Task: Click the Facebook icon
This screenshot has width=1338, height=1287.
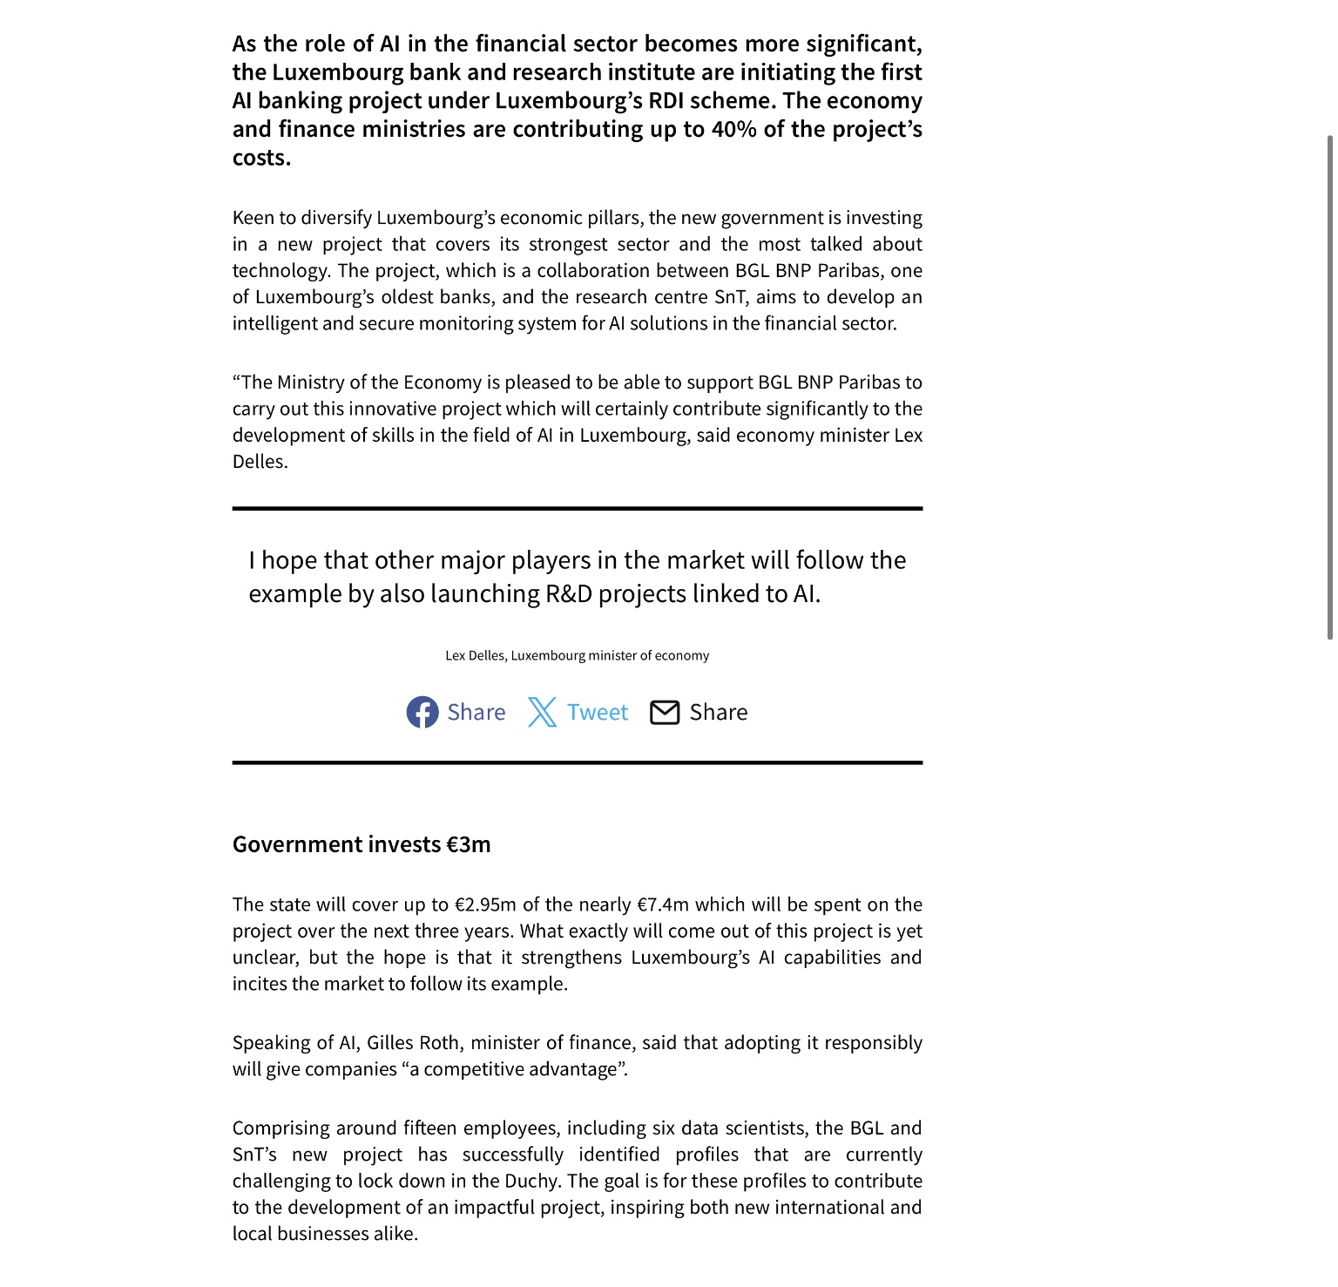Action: point(422,712)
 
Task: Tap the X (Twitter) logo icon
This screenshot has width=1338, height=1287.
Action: point(542,712)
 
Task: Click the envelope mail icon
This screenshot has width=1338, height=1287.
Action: point(665,712)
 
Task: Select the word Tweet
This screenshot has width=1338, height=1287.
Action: point(598,713)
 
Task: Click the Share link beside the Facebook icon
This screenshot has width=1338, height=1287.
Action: point(476,713)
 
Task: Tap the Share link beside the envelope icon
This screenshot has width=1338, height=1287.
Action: point(719,713)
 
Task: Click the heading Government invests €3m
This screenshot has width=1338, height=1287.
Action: point(362,844)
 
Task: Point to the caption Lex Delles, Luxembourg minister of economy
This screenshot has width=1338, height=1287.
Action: point(577,655)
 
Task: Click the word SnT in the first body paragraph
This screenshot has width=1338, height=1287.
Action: point(730,297)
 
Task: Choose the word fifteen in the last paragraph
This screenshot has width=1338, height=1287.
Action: point(430,1128)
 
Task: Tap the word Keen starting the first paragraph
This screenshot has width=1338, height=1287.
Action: point(253,218)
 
